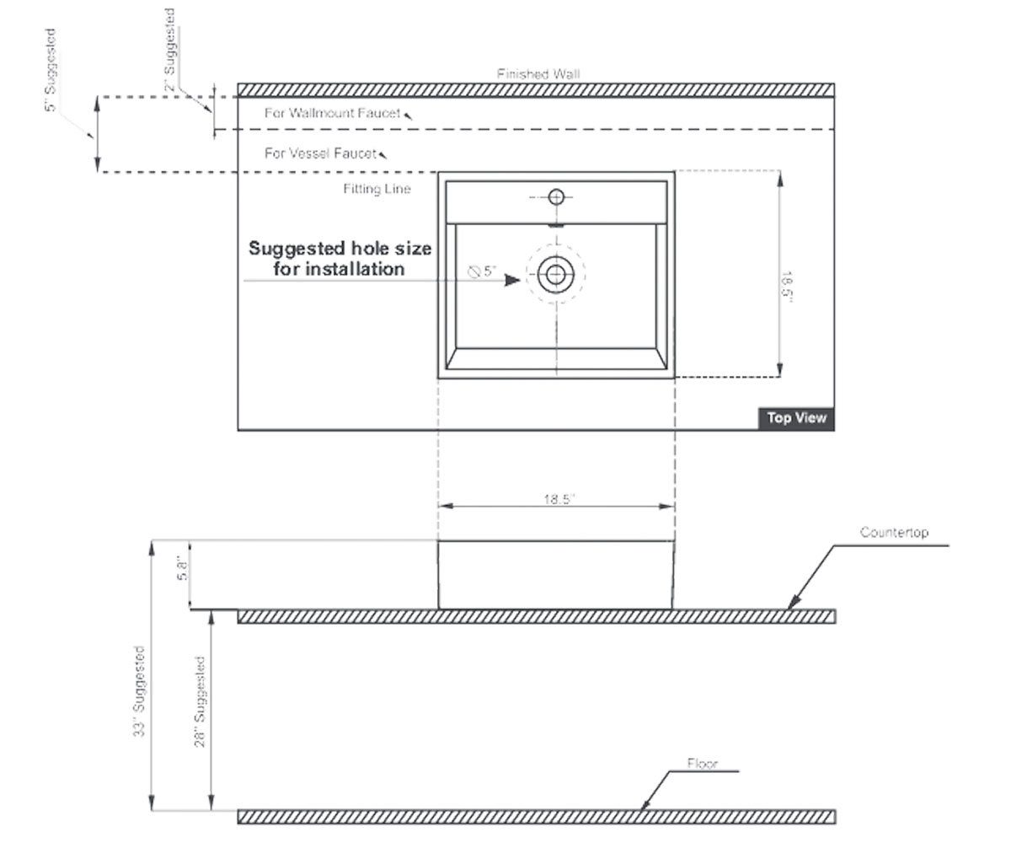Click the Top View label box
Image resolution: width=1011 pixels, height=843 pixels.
pyautogui.click(x=796, y=419)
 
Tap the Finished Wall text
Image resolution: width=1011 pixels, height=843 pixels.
pyautogui.click(x=538, y=74)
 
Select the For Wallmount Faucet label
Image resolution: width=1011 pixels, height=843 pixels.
pyautogui.click(x=332, y=113)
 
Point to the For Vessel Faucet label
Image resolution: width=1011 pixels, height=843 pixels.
pyautogui.click(x=320, y=153)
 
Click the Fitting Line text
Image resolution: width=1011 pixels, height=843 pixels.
pyautogui.click(x=377, y=189)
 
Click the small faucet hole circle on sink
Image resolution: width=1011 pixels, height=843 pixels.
pyautogui.click(x=556, y=197)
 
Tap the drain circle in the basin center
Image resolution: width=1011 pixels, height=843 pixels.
pyautogui.click(x=556, y=275)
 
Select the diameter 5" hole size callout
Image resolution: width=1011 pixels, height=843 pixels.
pyautogui.click(x=482, y=271)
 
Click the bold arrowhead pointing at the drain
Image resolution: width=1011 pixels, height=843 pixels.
pyautogui.click(x=512, y=280)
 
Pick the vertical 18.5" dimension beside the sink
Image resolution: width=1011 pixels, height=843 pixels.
pyautogui.click(x=786, y=287)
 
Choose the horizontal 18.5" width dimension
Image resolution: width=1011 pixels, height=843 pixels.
pyautogui.click(x=559, y=499)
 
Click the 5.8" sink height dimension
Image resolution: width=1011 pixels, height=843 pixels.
pyautogui.click(x=182, y=570)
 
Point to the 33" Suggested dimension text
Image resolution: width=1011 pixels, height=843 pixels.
pyautogui.click(x=139, y=691)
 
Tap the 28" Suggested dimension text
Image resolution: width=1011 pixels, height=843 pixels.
pyautogui.click(x=200, y=701)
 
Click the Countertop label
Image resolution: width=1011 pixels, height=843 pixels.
pyautogui.click(x=894, y=533)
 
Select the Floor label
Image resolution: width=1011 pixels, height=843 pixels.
pyautogui.click(x=702, y=764)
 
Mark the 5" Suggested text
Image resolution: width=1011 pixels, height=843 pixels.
pyautogui.click(x=51, y=70)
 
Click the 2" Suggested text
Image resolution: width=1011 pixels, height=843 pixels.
pyautogui.click(x=169, y=50)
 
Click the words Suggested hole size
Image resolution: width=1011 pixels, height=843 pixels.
pyautogui.click(x=340, y=249)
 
